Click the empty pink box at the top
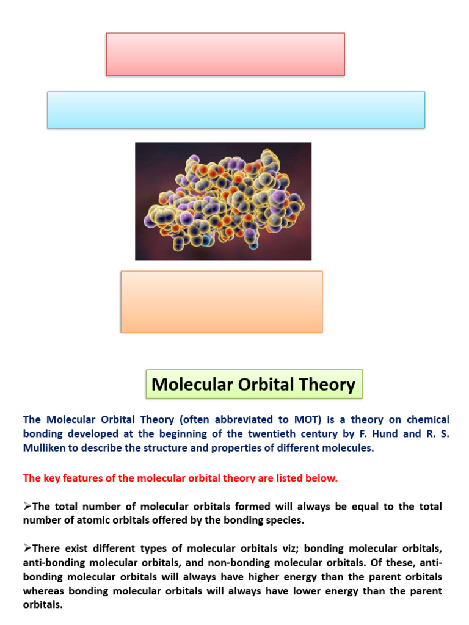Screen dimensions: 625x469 tap(225, 54)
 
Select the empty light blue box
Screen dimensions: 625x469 tap(236, 110)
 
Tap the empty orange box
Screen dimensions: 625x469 tap(222, 302)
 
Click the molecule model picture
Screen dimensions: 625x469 tap(223, 201)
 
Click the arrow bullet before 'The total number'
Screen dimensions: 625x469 tap(27, 507)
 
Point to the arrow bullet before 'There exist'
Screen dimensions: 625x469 tap(27, 549)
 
